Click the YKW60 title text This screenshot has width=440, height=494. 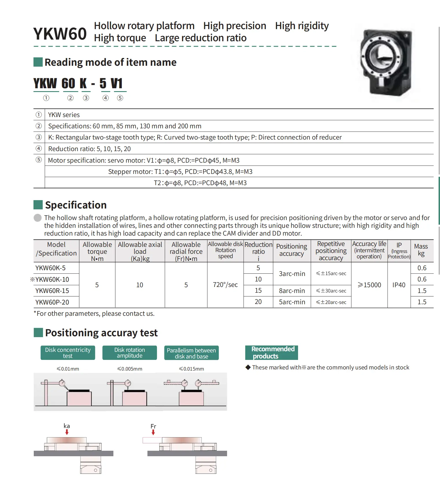pos(60,34)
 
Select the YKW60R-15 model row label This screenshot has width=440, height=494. pos(52,291)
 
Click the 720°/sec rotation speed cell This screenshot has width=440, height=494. pos(225,285)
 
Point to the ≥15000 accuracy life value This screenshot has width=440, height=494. pos(369,285)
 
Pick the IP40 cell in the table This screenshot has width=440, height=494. pos(399,285)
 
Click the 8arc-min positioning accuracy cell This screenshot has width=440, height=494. pos(292,291)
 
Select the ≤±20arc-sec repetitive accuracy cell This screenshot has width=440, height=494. pos(331,302)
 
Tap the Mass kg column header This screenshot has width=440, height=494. pos(421,250)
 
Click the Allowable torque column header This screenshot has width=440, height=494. pos(97,251)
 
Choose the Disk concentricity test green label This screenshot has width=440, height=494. pos(68,353)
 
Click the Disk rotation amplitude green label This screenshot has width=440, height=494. pos(130,353)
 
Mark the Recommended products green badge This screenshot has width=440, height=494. pos(272,353)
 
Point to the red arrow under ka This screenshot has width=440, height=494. pos(67,432)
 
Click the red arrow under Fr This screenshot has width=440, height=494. pos(153,432)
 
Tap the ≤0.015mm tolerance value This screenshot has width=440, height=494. pos(191,369)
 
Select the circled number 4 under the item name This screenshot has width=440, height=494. pos(106,98)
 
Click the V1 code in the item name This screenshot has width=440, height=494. pos(117,84)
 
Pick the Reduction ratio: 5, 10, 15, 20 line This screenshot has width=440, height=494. pos(89,149)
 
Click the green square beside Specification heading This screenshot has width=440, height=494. pos(38,205)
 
